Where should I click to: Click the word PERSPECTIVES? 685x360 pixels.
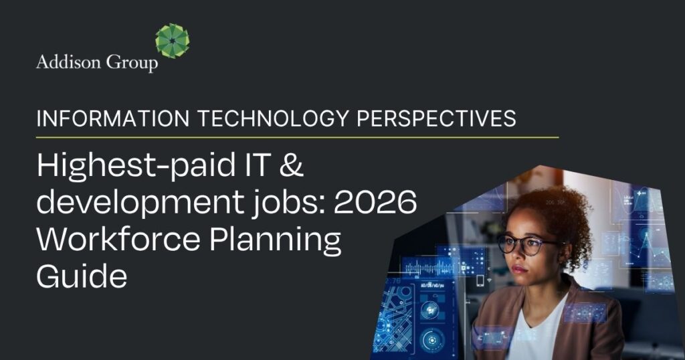pos(437,119)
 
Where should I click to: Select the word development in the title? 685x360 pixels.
pos(126,201)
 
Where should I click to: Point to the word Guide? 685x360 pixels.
pos(81,275)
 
